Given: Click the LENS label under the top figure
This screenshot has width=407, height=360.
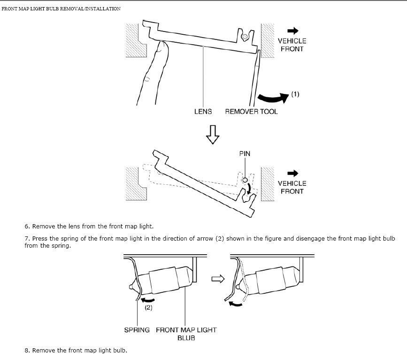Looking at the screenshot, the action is pyautogui.click(x=203, y=111).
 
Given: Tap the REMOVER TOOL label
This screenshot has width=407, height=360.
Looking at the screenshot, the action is pyautogui.click(x=251, y=111).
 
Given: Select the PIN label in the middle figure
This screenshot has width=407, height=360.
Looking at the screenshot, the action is pyautogui.click(x=245, y=154).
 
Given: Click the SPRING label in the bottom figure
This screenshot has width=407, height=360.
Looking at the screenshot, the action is pyautogui.click(x=137, y=330).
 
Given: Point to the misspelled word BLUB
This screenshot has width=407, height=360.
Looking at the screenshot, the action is pyautogui.click(x=186, y=338).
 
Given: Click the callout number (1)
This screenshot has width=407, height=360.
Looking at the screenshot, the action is pyautogui.click(x=295, y=94).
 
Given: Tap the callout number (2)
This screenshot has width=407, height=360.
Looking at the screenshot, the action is pyautogui.click(x=148, y=307).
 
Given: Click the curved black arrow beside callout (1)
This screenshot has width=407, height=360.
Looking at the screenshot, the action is pyautogui.click(x=273, y=98).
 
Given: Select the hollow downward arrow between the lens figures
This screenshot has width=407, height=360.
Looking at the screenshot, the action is pyautogui.click(x=213, y=134).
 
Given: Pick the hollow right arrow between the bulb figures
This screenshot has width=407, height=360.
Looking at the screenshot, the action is pyautogui.click(x=218, y=279).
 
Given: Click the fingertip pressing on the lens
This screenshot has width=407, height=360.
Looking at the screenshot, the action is pyautogui.click(x=163, y=44).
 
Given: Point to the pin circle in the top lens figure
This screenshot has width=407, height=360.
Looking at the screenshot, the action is pyautogui.click(x=244, y=37).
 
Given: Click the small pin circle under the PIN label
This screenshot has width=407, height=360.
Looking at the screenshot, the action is pyautogui.click(x=245, y=180).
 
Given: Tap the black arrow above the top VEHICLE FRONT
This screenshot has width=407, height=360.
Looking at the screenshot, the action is pyautogui.click(x=293, y=31).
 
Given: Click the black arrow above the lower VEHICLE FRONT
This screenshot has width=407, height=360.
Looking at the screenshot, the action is pyautogui.click(x=293, y=173).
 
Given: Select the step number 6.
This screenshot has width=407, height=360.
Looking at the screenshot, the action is pyautogui.click(x=27, y=227).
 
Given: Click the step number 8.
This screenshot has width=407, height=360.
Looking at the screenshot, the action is pyautogui.click(x=27, y=351).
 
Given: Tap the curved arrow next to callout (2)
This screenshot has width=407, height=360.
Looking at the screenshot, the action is pyautogui.click(x=147, y=301).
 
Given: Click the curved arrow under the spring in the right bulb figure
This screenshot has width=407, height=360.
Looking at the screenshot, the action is pyautogui.click(x=236, y=304).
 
